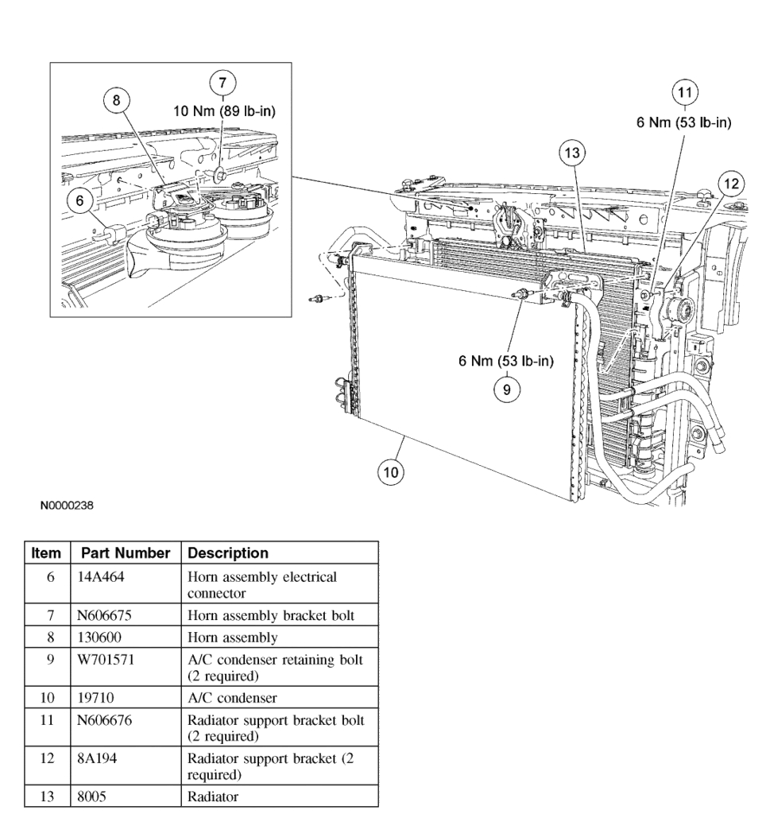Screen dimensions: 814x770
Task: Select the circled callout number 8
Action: click(x=117, y=101)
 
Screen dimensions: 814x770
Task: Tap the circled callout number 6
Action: click(x=79, y=200)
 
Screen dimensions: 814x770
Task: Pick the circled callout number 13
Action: click(x=571, y=153)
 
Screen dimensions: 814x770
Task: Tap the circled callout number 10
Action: click(x=390, y=472)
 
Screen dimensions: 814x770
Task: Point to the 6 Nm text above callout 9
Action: click(x=506, y=361)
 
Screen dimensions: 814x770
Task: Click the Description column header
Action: click(x=228, y=552)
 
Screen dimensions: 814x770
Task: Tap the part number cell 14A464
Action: click(x=97, y=577)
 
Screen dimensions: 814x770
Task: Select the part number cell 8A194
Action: click(x=94, y=758)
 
